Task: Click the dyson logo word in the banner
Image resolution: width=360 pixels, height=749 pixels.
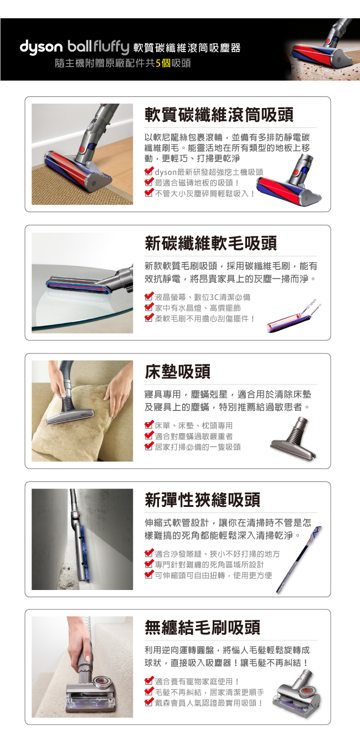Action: [x=41, y=47]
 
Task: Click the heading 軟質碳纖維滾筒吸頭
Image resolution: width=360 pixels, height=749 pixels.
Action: [x=219, y=115]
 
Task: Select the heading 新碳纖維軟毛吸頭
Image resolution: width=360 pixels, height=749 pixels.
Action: [x=210, y=243]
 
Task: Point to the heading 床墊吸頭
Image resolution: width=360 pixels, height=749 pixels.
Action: [x=177, y=372]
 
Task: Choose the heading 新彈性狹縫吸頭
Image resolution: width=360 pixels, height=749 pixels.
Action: [x=202, y=500]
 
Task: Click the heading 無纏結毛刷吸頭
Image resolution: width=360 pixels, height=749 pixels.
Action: [x=202, y=628]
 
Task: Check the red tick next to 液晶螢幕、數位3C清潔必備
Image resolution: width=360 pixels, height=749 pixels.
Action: [x=149, y=296]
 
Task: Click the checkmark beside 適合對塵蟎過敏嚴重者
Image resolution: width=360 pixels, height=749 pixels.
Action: [x=149, y=435]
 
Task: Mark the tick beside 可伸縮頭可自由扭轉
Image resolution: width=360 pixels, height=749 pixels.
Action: [x=149, y=574]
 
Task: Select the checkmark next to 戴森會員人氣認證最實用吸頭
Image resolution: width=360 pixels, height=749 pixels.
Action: [x=149, y=702]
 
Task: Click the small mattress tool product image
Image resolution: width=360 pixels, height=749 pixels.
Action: [x=294, y=438]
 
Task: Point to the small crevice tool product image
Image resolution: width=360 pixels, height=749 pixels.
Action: [x=299, y=559]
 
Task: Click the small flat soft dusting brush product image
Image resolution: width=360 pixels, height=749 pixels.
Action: [x=294, y=316]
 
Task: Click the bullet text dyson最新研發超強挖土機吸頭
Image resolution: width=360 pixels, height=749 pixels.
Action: [x=209, y=172]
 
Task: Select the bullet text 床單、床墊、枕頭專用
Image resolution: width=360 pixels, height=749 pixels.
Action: [x=193, y=425]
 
